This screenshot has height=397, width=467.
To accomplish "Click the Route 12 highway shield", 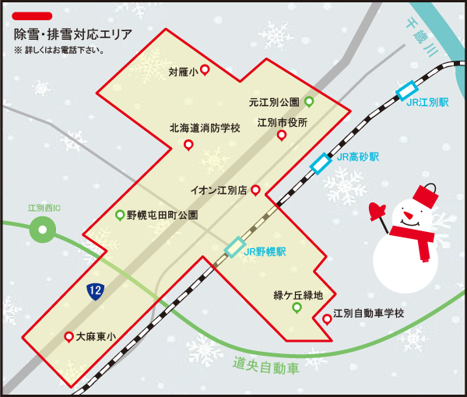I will click(94, 291).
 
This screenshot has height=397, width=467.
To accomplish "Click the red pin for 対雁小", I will click(205, 70).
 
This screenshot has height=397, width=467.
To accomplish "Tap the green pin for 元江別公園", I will click(309, 102).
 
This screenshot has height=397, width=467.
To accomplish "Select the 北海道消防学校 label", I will click(205, 128).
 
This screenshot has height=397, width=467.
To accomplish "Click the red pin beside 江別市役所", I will click(282, 136).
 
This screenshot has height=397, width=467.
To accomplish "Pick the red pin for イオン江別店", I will click(255, 189).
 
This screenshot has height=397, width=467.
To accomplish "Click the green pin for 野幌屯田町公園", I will click(119, 215).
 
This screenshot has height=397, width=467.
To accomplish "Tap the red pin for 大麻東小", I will click(68, 337).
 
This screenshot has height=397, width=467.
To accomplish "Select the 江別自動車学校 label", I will click(369, 314).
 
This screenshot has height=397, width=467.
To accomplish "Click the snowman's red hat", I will click(425, 195).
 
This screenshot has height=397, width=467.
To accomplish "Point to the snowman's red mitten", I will click(379, 210).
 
